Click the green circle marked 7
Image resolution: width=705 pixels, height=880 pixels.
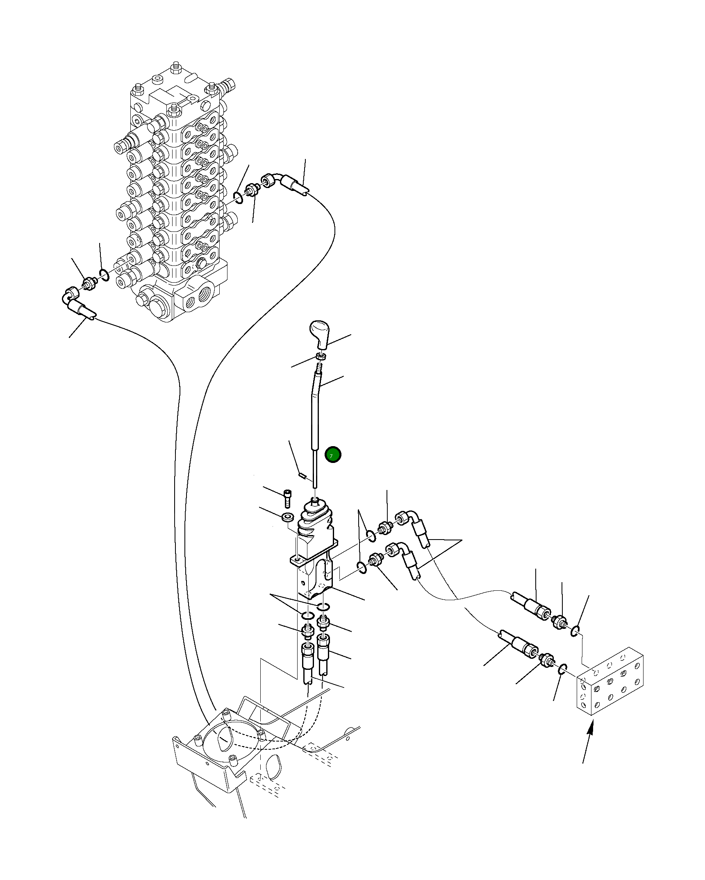[332, 454]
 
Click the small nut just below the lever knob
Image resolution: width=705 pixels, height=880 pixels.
[321, 356]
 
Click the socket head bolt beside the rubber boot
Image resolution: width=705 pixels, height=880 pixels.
[288, 498]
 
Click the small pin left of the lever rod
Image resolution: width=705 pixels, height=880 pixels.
[302, 475]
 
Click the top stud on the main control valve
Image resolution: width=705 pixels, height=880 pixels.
[176, 67]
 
